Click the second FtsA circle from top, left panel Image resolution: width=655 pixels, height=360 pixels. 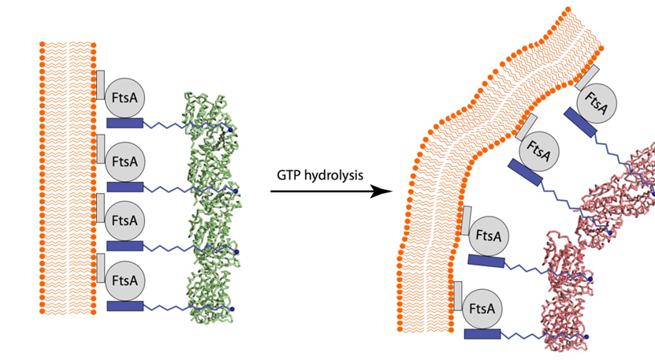tap(124, 161)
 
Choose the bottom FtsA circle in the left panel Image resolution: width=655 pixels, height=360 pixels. tap(124, 279)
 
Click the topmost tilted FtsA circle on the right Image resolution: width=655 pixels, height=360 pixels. tap(597, 105)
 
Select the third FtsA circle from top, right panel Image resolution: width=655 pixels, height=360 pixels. tap(488, 235)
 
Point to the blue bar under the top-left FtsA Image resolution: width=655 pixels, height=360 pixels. tap(125, 123)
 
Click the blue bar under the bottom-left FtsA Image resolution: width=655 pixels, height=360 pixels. tap(125, 305)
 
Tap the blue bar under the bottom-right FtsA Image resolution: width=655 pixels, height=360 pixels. tap(483, 334)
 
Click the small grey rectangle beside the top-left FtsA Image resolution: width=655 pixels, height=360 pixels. tap(100, 84)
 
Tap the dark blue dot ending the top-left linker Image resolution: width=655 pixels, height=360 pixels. tap(230, 128)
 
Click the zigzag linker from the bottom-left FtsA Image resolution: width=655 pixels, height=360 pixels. tap(169, 306)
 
